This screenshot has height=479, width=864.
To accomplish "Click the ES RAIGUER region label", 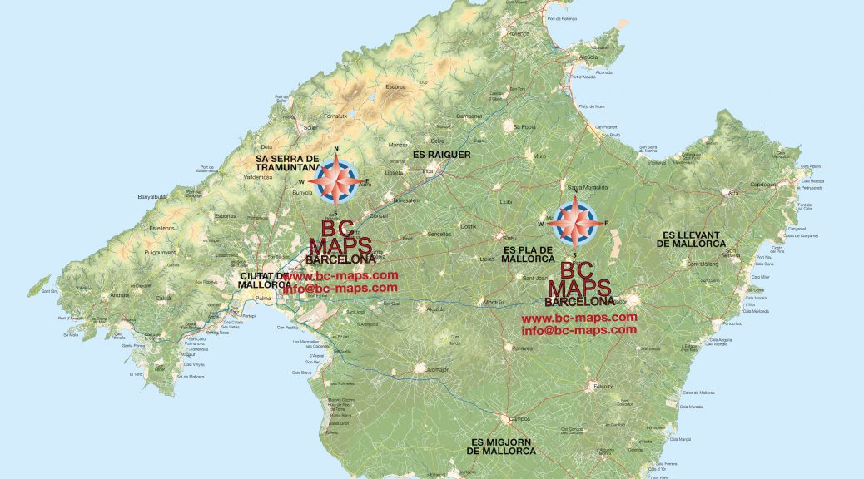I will (441, 155).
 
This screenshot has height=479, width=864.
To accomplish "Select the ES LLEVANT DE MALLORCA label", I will (690, 239).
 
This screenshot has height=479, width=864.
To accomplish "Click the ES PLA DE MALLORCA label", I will (529, 254).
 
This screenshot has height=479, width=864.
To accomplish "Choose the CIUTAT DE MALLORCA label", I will (264, 280).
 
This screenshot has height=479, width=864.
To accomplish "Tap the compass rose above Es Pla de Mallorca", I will (575, 224).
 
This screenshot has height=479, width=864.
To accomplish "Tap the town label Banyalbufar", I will (153, 197).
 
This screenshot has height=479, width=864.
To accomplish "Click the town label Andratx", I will (120, 294).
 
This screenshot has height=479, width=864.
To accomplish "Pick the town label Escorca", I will (395, 86).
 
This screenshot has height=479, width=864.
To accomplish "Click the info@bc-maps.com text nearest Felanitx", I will (578, 330).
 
